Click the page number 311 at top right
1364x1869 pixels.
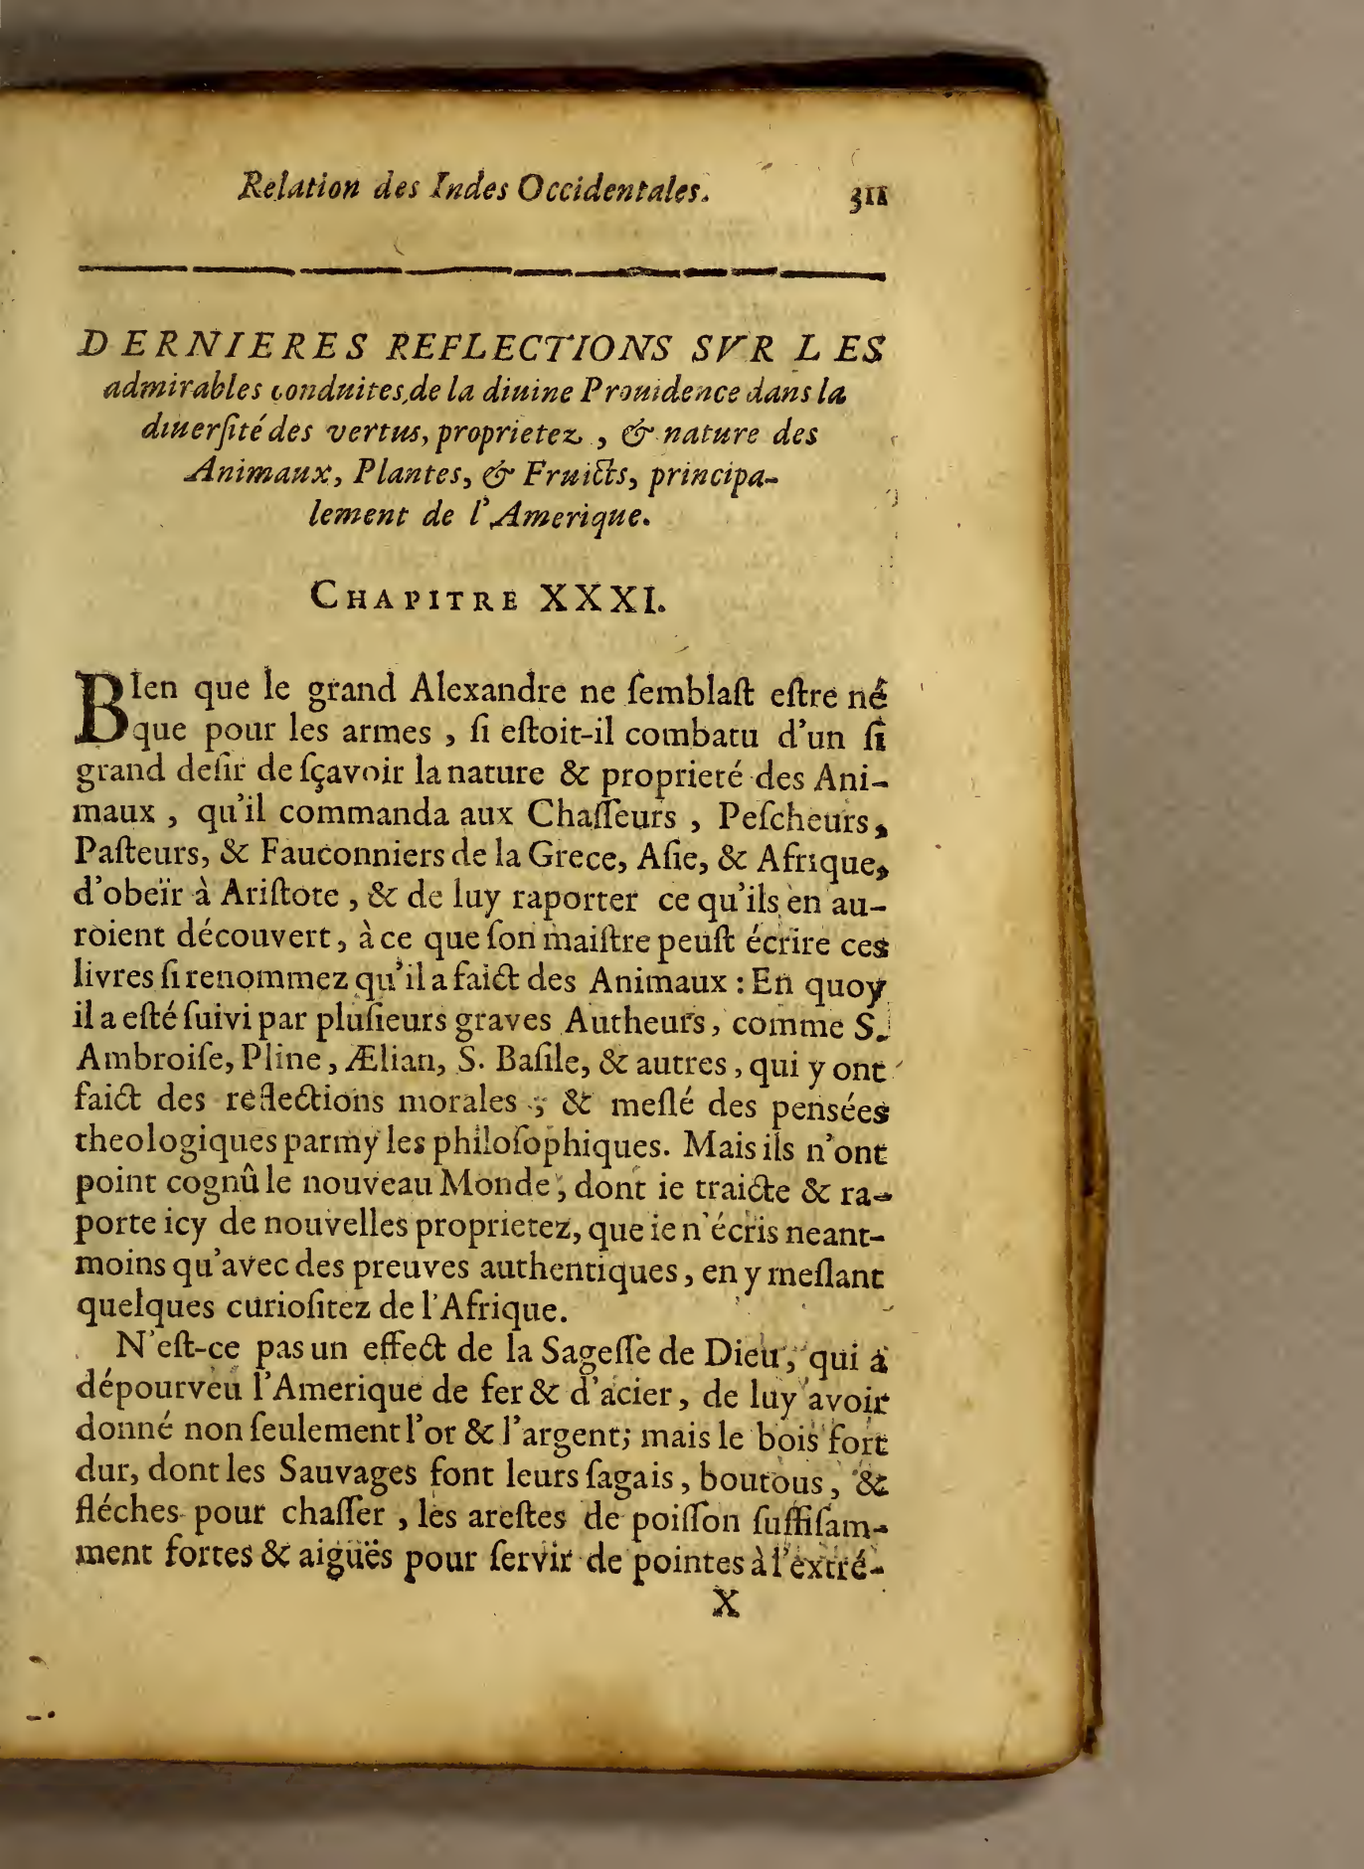pos(867,196)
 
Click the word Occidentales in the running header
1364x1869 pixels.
pos(613,188)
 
